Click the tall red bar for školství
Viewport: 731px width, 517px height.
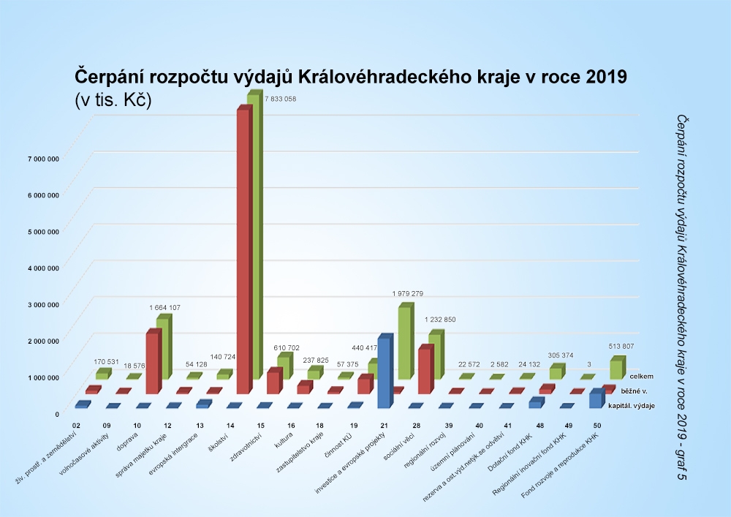point(243,249)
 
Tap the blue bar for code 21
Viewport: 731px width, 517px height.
point(383,373)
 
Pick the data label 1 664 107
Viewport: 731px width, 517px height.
point(164,308)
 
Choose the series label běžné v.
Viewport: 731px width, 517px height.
point(635,391)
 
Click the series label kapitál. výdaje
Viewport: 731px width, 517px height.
point(632,406)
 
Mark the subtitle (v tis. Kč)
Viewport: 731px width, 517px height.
point(112,101)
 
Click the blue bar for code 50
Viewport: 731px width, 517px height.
point(596,399)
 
